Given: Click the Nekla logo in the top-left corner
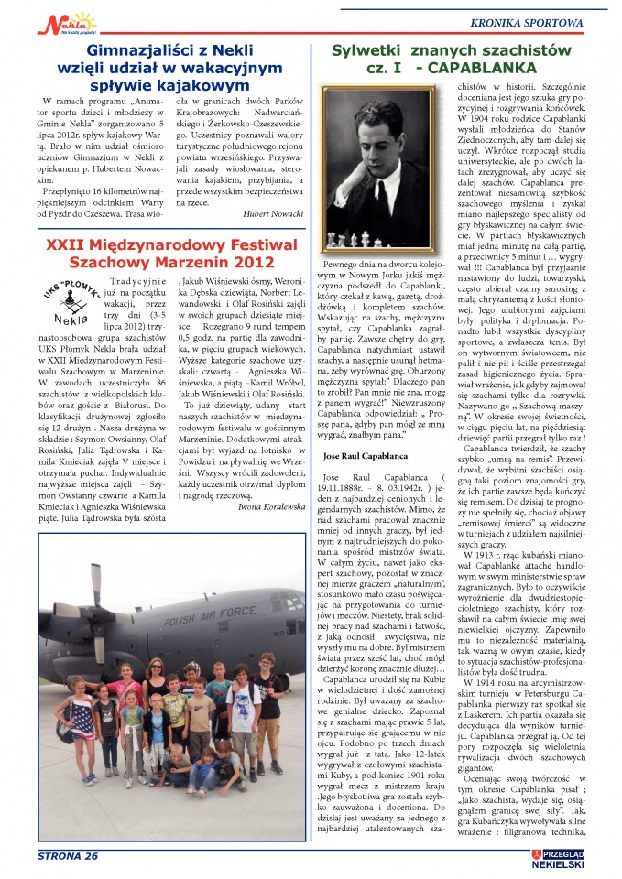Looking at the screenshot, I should click(43, 20).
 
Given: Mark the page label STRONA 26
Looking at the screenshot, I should click(69, 855).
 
